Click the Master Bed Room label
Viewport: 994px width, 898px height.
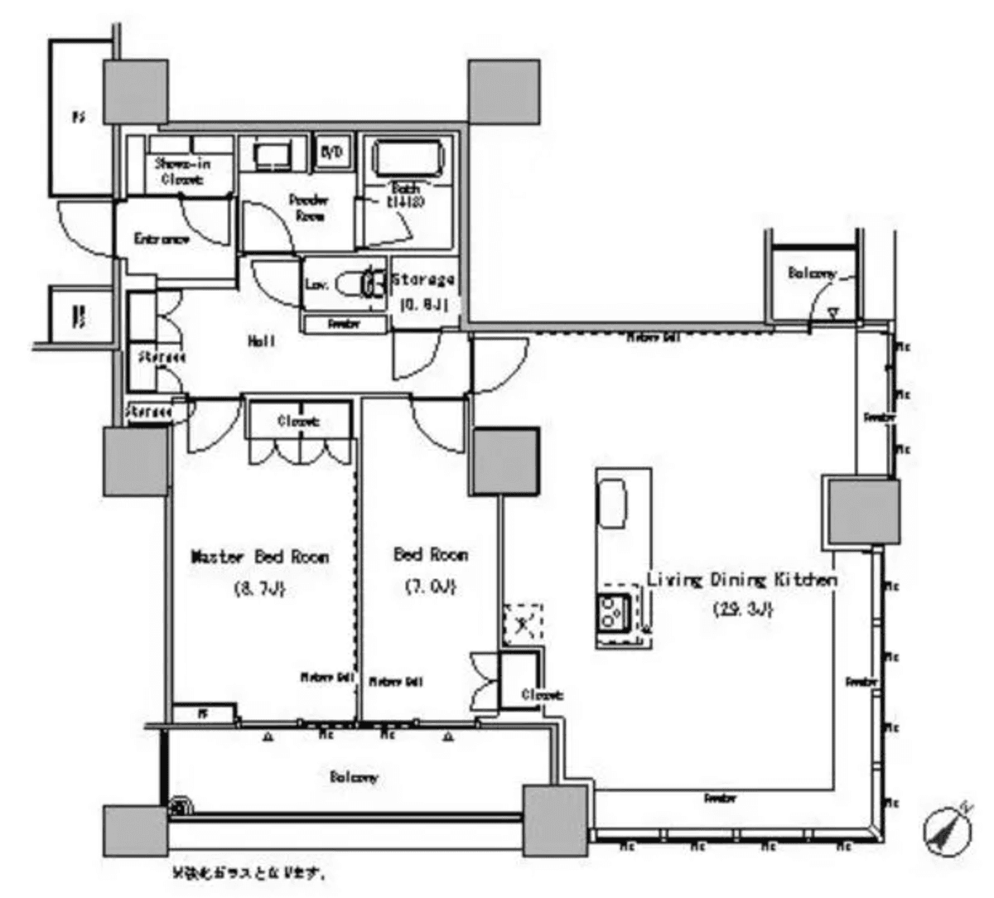click(x=260, y=557)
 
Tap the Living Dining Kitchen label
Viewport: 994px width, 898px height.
click(x=741, y=580)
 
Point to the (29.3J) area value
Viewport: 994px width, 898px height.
click(x=743, y=610)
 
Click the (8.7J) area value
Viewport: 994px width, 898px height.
click(x=260, y=590)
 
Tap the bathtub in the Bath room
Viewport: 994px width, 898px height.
click(x=409, y=157)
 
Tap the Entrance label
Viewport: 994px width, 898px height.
click(x=162, y=239)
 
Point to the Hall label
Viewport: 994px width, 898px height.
click(x=262, y=340)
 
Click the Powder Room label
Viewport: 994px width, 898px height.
click(x=308, y=207)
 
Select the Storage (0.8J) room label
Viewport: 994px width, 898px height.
click(x=423, y=291)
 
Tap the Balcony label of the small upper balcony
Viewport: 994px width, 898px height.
click(x=812, y=273)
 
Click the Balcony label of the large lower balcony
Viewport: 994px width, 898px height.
click(x=354, y=777)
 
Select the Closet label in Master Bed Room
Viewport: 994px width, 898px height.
click(x=298, y=422)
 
